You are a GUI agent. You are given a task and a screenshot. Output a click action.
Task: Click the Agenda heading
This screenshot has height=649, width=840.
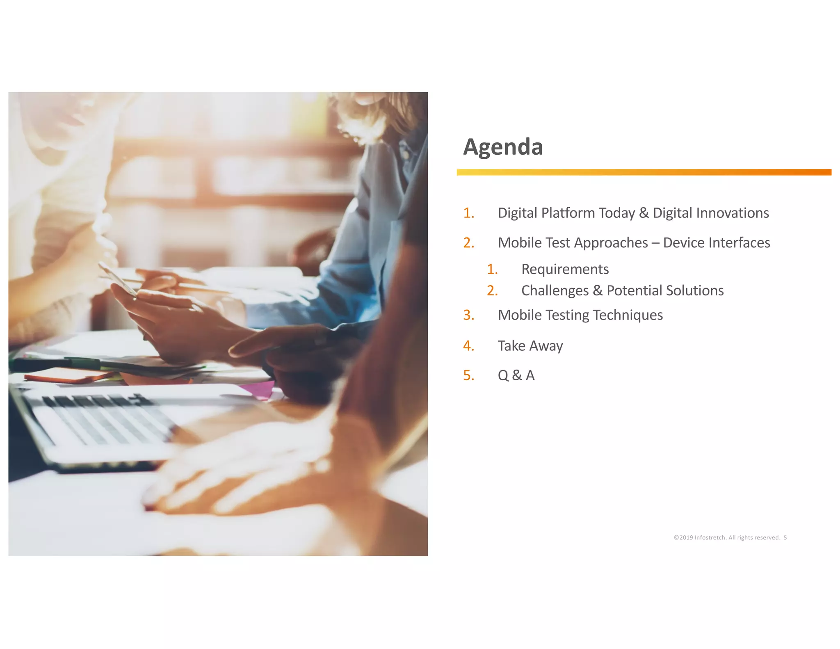tap(503, 147)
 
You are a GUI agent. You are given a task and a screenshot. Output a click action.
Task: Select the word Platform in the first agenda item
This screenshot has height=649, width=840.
tap(568, 213)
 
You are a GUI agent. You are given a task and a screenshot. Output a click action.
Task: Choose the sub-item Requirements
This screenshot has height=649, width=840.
tap(565, 269)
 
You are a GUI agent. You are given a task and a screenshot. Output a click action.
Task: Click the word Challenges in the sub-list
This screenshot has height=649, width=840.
tap(555, 290)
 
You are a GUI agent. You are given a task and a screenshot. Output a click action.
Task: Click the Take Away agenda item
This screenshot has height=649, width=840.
tap(530, 346)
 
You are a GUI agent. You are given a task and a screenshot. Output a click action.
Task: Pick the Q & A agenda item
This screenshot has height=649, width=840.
tap(516, 375)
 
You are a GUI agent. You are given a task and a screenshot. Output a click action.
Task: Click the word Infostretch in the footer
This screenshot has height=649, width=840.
tap(710, 537)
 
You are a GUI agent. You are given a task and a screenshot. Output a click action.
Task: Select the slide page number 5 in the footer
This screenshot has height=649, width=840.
tap(785, 537)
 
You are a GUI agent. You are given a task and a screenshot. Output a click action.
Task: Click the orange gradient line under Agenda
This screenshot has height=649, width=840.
tap(644, 172)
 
